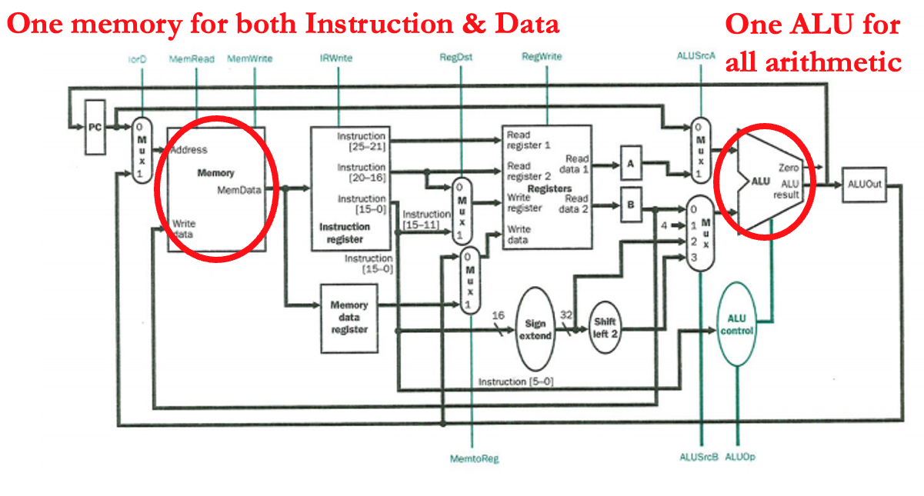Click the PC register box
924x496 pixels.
pyautogui.click(x=95, y=127)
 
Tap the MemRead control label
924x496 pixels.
pyautogui.click(x=198, y=59)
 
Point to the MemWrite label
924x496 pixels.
pyautogui.click(x=250, y=59)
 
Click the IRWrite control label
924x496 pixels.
pyautogui.click(x=336, y=59)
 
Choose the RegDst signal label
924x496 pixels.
pyautogui.click(x=455, y=58)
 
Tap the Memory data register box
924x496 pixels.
pyautogui.click(x=349, y=317)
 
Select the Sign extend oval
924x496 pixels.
pyautogui.click(x=535, y=329)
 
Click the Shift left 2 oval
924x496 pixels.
pyautogui.click(x=605, y=328)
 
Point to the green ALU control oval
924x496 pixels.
pyautogui.click(x=738, y=325)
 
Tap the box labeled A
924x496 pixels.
pyautogui.click(x=630, y=163)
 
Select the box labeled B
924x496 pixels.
pyautogui.click(x=630, y=205)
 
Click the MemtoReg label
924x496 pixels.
pyautogui.click(x=475, y=458)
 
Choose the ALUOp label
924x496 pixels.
pyautogui.click(x=740, y=457)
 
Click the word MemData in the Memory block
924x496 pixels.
pyautogui.click(x=239, y=188)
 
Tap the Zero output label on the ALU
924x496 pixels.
pyautogui.click(x=789, y=167)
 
